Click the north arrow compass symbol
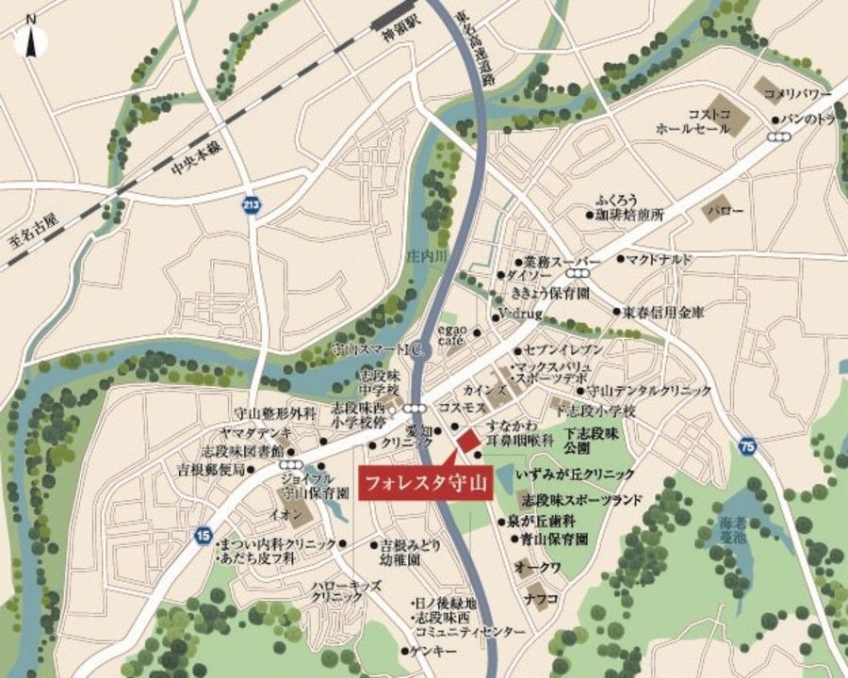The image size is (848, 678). coord(31,38)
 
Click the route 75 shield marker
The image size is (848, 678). coord(747,444)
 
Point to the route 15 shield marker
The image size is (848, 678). coord(204,535)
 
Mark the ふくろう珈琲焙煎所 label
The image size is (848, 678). coord(630,208)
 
